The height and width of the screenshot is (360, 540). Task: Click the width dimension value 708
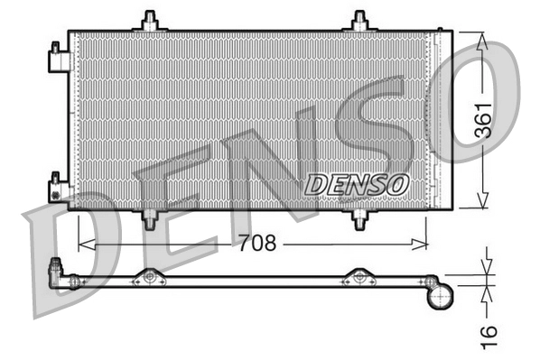click(255, 244)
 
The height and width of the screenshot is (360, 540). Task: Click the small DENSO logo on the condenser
click(357, 183)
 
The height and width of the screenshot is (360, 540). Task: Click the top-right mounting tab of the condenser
click(360, 21)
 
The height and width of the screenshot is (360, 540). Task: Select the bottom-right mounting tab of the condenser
click(360, 218)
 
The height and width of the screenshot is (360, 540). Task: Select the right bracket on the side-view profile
click(358, 276)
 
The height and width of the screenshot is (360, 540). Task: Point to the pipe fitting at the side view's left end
click(59, 268)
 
